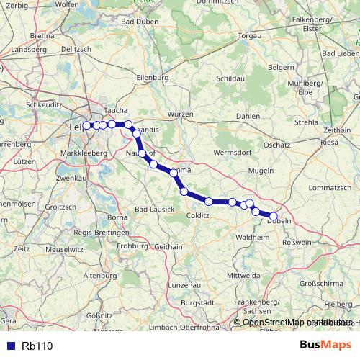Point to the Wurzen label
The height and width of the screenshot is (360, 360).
click(181, 114)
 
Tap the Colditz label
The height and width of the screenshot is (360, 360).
click(197, 215)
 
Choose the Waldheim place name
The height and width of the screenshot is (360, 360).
click(252, 236)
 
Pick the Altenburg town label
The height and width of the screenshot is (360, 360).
click(100, 276)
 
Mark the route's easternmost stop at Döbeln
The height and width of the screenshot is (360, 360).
click(274, 215)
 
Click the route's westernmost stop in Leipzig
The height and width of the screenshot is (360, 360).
click(87, 125)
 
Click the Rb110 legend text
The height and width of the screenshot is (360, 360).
click(37, 346)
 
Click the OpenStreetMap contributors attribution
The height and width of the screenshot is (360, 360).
click(297, 323)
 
